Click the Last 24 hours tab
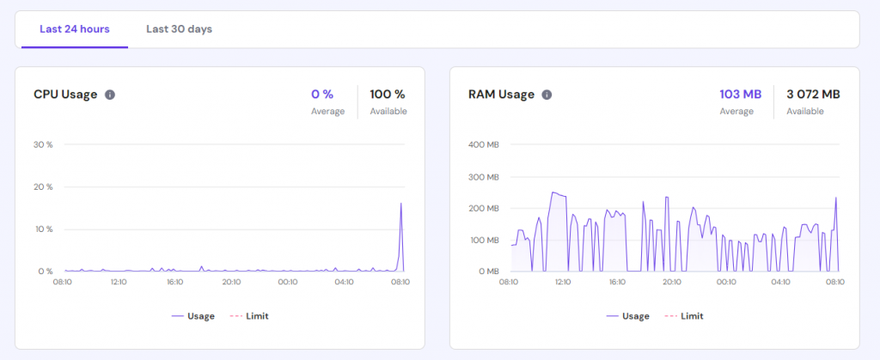point(75,29)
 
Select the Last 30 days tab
point(179,29)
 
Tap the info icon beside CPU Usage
point(110,95)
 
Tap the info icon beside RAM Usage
point(547,95)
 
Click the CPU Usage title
point(65,95)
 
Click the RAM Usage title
point(501,95)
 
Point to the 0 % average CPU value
point(322,94)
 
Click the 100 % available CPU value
point(388,94)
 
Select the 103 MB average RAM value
point(740,94)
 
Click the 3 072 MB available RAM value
point(813,94)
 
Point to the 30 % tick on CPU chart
point(43,144)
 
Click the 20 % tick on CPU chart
point(43,186)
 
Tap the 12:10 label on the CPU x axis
point(119,282)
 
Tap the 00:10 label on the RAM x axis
point(726,282)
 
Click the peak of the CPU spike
point(401,204)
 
